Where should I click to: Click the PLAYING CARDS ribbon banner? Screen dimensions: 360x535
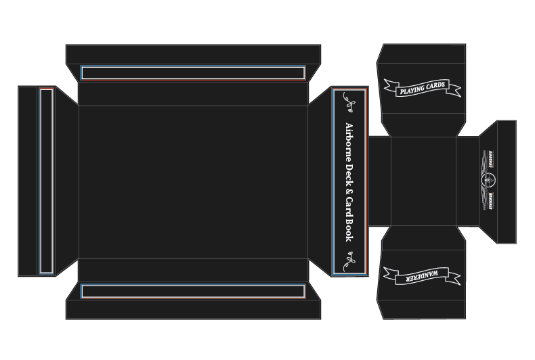(421, 87)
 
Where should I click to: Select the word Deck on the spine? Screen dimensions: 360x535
(349, 175)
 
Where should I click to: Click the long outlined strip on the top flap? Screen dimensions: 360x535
(193, 72)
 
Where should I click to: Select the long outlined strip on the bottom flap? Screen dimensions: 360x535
(193, 291)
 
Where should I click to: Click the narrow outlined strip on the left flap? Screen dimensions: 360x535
(46, 181)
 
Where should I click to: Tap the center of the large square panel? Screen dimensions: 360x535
(193, 181)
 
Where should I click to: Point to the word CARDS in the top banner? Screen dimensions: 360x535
(433, 84)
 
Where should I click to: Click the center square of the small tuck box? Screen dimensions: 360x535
(424, 181)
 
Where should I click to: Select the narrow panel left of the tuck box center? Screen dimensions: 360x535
(379, 181)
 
